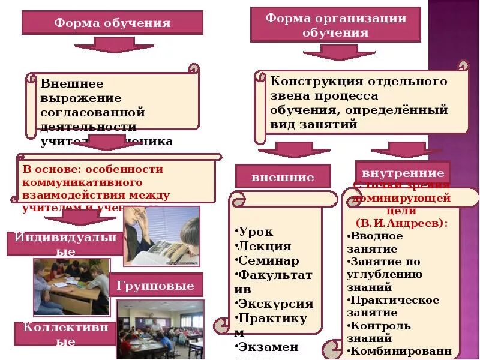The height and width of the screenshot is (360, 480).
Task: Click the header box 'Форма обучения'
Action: pos(112,23)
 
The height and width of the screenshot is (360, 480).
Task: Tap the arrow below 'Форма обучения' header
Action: pos(122,45)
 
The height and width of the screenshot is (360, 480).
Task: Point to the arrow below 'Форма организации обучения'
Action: pos(339,53)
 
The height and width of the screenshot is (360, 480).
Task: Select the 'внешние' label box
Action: pos(283,177)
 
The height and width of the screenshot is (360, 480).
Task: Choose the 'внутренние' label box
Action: pos(403,170)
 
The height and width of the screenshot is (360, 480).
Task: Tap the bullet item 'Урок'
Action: pos(255,232)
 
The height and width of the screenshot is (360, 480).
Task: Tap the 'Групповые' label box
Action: pos(155,286)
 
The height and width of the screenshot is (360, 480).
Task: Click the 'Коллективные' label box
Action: pos(65,334)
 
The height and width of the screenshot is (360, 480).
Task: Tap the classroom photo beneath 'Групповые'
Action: pos(160,329)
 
